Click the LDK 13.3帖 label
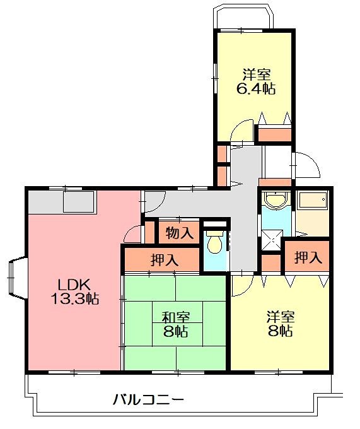[75, 291]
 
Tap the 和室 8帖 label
[175, 324]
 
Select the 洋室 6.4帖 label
[255, 81]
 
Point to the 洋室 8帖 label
[281, 324]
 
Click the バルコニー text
[148, 400]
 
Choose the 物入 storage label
[179, 233]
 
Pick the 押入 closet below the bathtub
[307, 257]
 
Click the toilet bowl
[214, 242]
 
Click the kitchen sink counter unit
[79, 202]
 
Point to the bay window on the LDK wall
[18, 278]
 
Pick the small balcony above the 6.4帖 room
[243, 16]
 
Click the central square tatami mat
[178, 324]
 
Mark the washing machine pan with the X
[272, 240]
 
